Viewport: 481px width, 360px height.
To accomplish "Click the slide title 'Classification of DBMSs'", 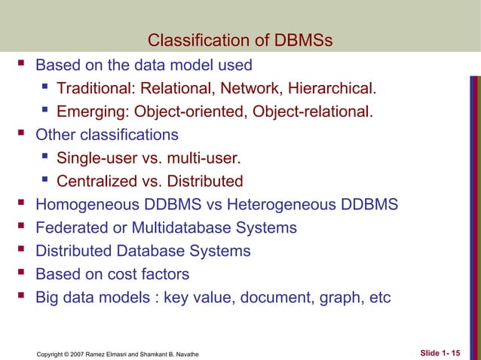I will (x=240, y=40).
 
